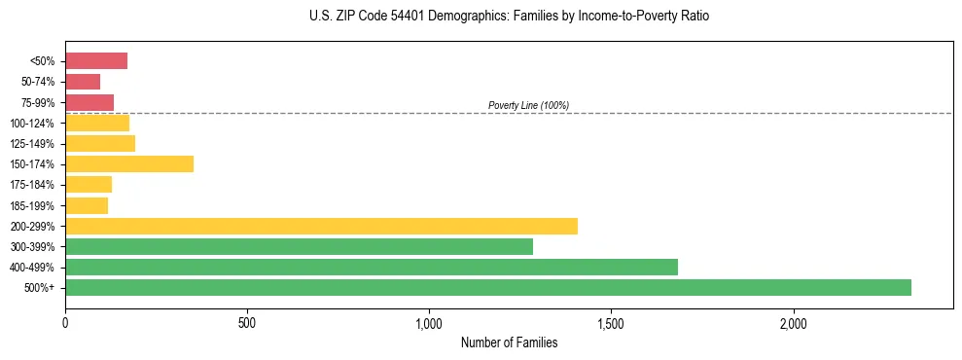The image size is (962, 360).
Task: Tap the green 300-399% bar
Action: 299,246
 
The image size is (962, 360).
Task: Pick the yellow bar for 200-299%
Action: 321,226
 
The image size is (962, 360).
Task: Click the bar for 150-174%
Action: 129,163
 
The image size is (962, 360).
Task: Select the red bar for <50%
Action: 96,61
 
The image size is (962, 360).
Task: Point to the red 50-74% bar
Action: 83,82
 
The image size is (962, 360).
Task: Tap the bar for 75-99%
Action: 89,102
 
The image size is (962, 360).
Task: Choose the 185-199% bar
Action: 87,205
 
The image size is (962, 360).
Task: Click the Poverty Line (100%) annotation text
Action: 528,105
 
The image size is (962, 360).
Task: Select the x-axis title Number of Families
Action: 510,342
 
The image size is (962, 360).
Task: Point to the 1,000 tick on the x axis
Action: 429,323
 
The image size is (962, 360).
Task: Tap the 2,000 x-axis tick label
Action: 793,323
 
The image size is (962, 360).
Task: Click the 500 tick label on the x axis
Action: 247,323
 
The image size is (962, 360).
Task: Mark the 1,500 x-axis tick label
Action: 611,323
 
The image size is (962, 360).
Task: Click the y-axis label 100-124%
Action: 32,124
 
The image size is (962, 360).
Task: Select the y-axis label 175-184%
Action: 32,185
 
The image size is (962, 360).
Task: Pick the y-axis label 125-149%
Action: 32,144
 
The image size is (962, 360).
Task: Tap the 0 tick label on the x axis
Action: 65,323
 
